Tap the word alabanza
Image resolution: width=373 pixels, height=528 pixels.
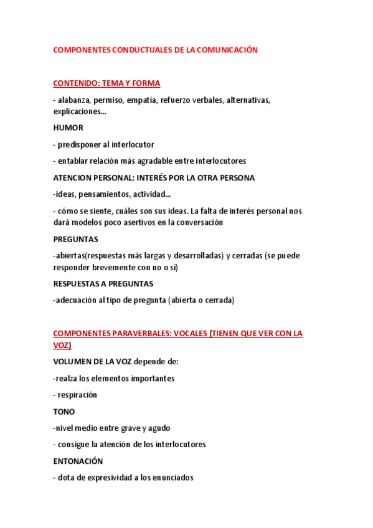point(75,100)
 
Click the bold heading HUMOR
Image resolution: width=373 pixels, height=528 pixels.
point(68,128)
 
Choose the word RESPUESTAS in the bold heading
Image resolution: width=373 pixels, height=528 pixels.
point(77,283)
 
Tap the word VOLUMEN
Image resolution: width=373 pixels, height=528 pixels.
point(73,361)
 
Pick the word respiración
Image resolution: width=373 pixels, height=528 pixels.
point(77,395)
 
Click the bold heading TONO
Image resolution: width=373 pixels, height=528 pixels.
point(64,412)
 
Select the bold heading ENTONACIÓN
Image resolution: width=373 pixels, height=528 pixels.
point(78,461)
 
